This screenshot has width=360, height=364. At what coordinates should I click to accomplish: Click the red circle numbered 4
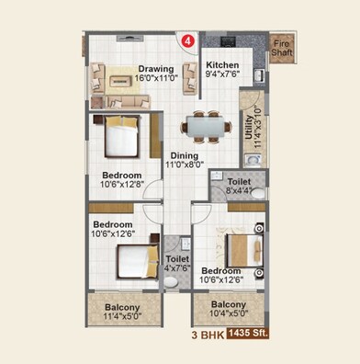click(x=187, y=41)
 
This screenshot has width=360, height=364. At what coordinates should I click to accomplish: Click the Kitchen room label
click(x=222, y=65)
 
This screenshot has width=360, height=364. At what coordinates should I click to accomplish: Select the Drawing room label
click(x=156, y=69)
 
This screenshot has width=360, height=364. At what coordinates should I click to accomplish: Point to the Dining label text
click(x=185, y=156)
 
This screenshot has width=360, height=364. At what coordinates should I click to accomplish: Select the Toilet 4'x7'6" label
click(x=178, y=264)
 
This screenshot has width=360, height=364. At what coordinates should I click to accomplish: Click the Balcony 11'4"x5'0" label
click(x=121, y=312)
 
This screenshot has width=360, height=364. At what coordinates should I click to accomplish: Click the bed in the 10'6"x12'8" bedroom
click(x=120, y=138)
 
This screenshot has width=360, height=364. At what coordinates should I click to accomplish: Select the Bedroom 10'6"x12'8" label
click(x=121, y=179)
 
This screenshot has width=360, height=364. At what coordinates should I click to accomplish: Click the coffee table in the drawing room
click(x=120, y=80)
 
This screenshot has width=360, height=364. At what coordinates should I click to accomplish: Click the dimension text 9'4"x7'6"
click(x=222, y=76)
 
